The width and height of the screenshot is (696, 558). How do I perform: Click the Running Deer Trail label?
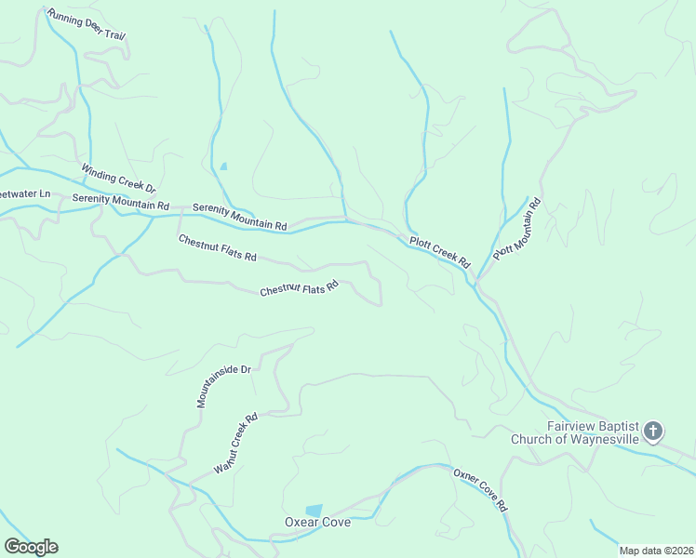(86, 26)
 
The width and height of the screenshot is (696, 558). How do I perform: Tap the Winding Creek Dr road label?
(117, 179)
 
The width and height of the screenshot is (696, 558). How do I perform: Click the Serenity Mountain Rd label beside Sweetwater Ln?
(120, 202)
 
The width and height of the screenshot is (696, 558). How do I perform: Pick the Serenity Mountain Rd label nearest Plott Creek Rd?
(240, 217)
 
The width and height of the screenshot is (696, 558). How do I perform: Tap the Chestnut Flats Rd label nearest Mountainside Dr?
(299, 290)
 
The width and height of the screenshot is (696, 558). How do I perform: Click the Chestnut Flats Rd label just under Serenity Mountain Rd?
(217, 248)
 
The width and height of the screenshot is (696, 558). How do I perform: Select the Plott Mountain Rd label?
(516, 229)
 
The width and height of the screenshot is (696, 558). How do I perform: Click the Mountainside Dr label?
(224, 386)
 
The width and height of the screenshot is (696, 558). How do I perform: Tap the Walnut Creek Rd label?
(234, 445)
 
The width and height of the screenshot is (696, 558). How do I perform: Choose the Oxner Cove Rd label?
(480, 490)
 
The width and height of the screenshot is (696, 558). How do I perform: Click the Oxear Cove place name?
(317, 523)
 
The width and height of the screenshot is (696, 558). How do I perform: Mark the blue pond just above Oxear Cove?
(315, 510)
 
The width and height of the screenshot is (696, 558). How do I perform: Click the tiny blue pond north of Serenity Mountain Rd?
(223, 166)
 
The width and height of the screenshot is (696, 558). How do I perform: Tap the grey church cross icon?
(653, 431)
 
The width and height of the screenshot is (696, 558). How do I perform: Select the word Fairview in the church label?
(569, 426)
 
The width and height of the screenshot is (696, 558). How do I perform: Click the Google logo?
(31, 547)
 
